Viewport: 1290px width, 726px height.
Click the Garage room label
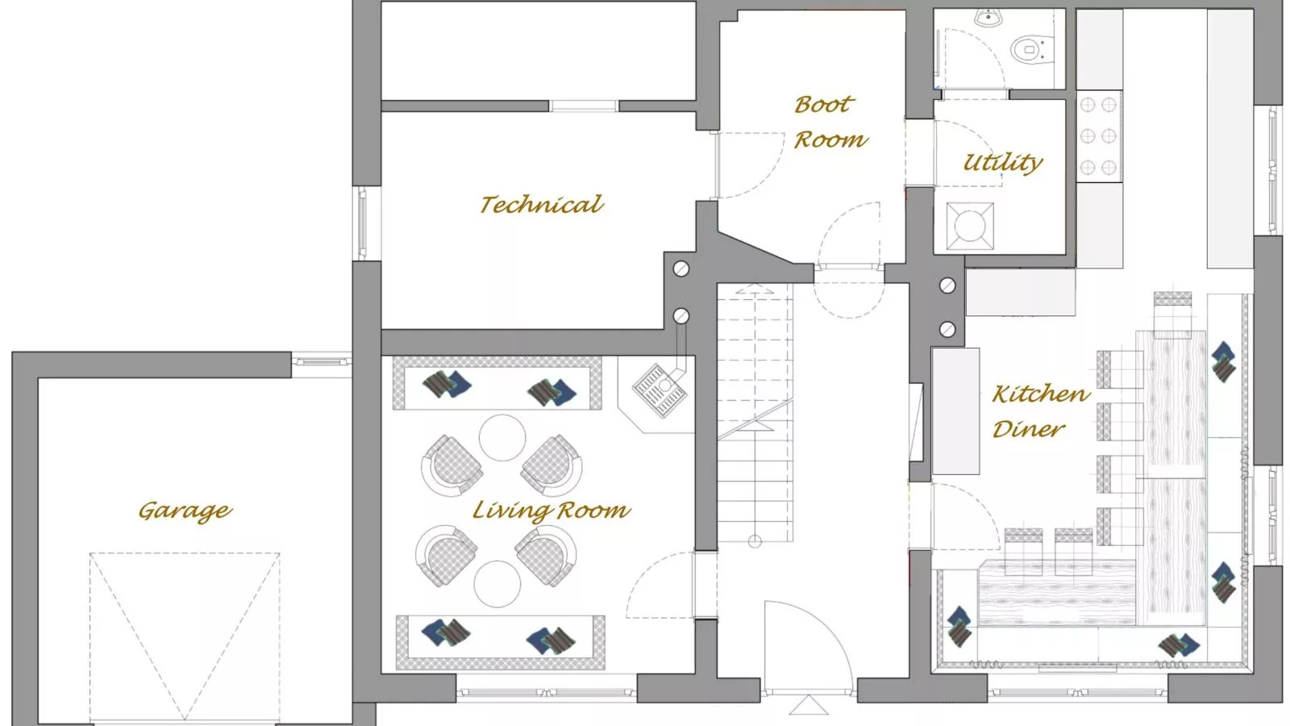pyautogui.click(x=185, y=511)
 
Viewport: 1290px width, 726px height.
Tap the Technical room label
pyautogui.click(x=541, y=205)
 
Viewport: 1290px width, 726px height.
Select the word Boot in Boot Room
pyautogui.click(x=822, y=105)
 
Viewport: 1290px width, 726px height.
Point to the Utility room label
pyautogui.click(x=1003, y=163)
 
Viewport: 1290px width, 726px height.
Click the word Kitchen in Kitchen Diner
pyautogui.click(x=1040, y=394)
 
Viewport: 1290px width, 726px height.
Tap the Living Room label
pyautogui.click(x=551, y=511)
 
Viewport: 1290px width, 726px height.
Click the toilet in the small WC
pyautogui.click(x=1030, y=49)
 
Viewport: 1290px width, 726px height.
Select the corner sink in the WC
pyautogui.click(x=987, y=17)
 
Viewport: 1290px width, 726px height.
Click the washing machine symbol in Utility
pyautogui.click(x=970, y=226)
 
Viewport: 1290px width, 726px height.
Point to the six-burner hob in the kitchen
pyautogui.click(x=1098, y=136)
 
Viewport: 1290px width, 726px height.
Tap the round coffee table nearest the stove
pyautogui.click(x=502, y=437)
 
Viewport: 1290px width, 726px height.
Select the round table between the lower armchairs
pyautogui.click(x=497, y=583)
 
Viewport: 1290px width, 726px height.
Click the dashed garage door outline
pyautogui.click(x=185, y=629)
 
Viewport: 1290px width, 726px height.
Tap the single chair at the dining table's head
pyautogui.click(x=1172, y=310)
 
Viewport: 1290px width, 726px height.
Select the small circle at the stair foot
pyautogui.click(x=755, y=541)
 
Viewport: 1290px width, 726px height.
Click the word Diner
pyautogui.click(x=1028, y=429)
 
